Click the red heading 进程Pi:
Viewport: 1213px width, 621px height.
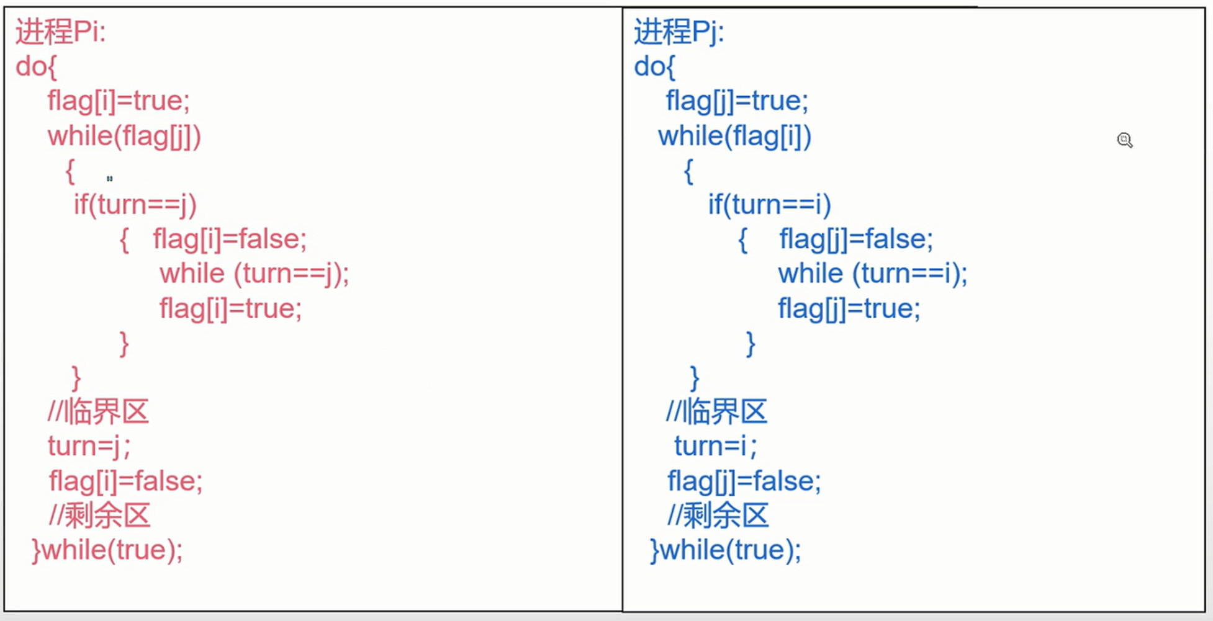point(61,31)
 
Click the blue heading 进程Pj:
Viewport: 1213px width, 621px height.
point(679,31)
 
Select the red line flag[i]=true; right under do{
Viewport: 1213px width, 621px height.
point(119,101)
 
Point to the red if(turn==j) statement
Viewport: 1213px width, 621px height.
point(135,205)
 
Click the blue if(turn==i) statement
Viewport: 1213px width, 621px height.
point(769,205)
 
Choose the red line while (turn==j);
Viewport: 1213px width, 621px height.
point(255,274)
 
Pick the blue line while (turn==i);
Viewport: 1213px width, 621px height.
point(873,274)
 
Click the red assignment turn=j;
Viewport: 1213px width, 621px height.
point(89,446)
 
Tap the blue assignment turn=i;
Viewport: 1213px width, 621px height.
point(715,446)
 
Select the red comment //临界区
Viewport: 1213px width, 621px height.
point(98,411)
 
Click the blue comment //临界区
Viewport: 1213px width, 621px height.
point(716,411)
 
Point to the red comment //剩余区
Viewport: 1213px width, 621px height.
point(99,516)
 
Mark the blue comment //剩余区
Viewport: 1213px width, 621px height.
point(718,516)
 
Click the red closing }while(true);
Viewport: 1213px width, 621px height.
point(107,550)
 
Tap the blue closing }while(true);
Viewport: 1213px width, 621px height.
point(726,550)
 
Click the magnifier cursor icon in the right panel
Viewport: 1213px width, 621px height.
point(1124,140)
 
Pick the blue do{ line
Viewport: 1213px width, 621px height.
point(654,66)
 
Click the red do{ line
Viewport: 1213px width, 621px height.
point(36,66)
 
